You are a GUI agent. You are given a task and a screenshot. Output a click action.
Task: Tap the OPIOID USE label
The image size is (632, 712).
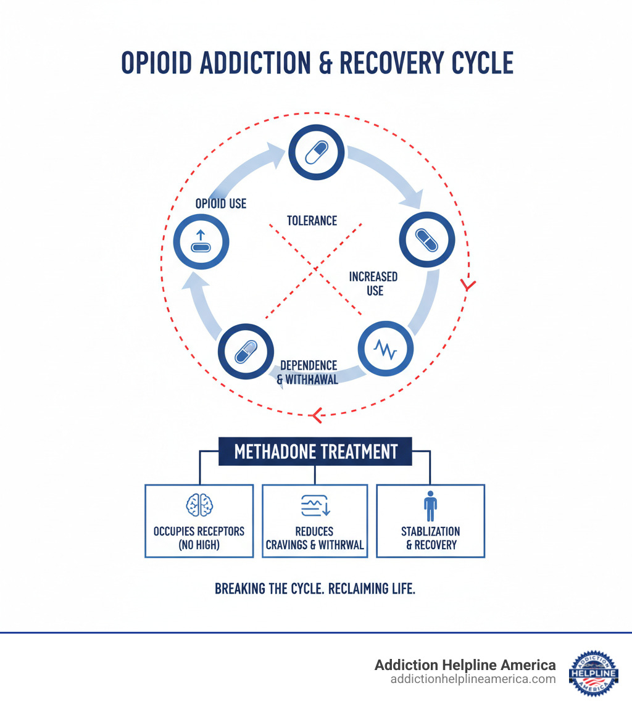[221, 204]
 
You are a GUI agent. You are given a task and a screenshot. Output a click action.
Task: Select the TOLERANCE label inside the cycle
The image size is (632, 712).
[312, 220]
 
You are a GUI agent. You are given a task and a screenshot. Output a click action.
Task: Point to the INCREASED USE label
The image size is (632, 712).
[373, 283]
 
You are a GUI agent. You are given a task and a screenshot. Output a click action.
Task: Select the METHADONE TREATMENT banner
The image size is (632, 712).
[315, 452]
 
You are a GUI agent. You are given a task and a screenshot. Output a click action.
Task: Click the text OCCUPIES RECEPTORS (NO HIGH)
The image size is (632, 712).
[199, 538]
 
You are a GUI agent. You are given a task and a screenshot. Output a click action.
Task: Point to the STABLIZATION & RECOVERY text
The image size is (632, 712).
[430, 538]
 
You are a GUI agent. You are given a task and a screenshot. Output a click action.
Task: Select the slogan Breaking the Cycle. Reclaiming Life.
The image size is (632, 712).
[315, 589]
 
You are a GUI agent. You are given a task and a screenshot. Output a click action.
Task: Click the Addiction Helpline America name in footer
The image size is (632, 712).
[465, 665]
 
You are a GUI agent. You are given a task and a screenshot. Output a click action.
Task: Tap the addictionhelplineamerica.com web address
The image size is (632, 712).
[473, 679]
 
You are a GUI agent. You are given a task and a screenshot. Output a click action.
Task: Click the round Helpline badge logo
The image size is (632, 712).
[593, 673]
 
